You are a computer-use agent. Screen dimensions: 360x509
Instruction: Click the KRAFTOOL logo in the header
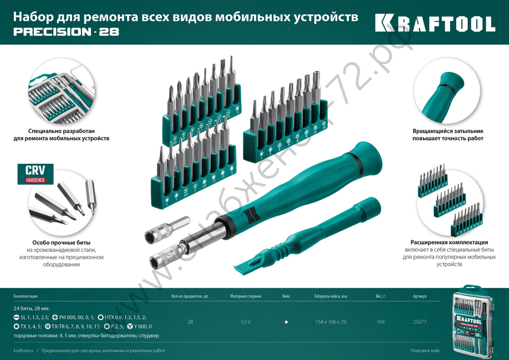point(435,23)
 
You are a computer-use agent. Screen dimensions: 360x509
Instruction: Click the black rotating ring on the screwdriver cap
point(357,160)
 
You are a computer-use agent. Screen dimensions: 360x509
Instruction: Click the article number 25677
point(419,322)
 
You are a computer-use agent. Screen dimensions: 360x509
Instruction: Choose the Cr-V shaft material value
point(245,322)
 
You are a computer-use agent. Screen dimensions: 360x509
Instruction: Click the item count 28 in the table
point(190,322)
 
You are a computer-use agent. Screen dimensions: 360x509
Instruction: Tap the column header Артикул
point(419,296)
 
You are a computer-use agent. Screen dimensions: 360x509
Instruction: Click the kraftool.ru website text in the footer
point(24,351)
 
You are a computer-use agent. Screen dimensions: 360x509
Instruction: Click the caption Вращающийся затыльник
point(447,131)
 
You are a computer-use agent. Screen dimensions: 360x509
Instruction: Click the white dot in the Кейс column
point(287,322)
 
